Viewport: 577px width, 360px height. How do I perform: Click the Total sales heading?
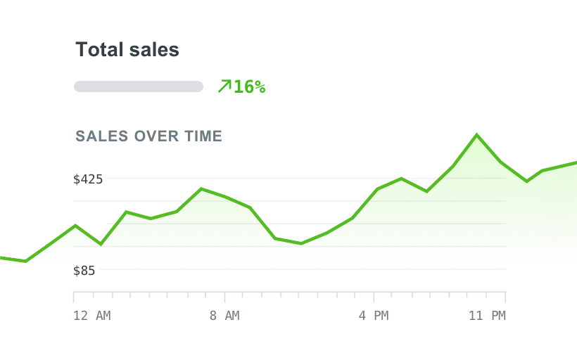tap(127, 50)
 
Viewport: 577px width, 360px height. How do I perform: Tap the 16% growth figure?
tap(249, 86)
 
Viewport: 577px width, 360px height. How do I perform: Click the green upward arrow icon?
tap(224, 86)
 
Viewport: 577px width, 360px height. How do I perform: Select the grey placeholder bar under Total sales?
tap(139, 86)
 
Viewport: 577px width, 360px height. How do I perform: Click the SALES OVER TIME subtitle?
tap(148, 136)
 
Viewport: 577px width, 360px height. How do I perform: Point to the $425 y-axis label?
tap(88, 179)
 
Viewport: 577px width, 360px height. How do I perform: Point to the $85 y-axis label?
tap(84, 270)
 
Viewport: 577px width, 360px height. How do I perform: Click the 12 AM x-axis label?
tap(91, 316)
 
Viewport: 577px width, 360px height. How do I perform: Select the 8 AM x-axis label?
tap(224, 316)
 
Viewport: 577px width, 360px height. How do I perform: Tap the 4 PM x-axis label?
tap(374, 316)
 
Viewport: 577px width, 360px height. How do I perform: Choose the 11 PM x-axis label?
tap(487, 316)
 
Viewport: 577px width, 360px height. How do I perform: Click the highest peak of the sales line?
tap(477, 134)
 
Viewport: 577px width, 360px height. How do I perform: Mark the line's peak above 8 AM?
tap(201, 188)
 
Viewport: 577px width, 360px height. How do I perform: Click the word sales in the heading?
tap(154, 50)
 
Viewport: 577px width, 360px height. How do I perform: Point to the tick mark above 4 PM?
tap(374, 296)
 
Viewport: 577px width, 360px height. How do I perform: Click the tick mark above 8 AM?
tap(224, 296)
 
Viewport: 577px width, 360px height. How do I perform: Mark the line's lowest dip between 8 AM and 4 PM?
tap(301, 243)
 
